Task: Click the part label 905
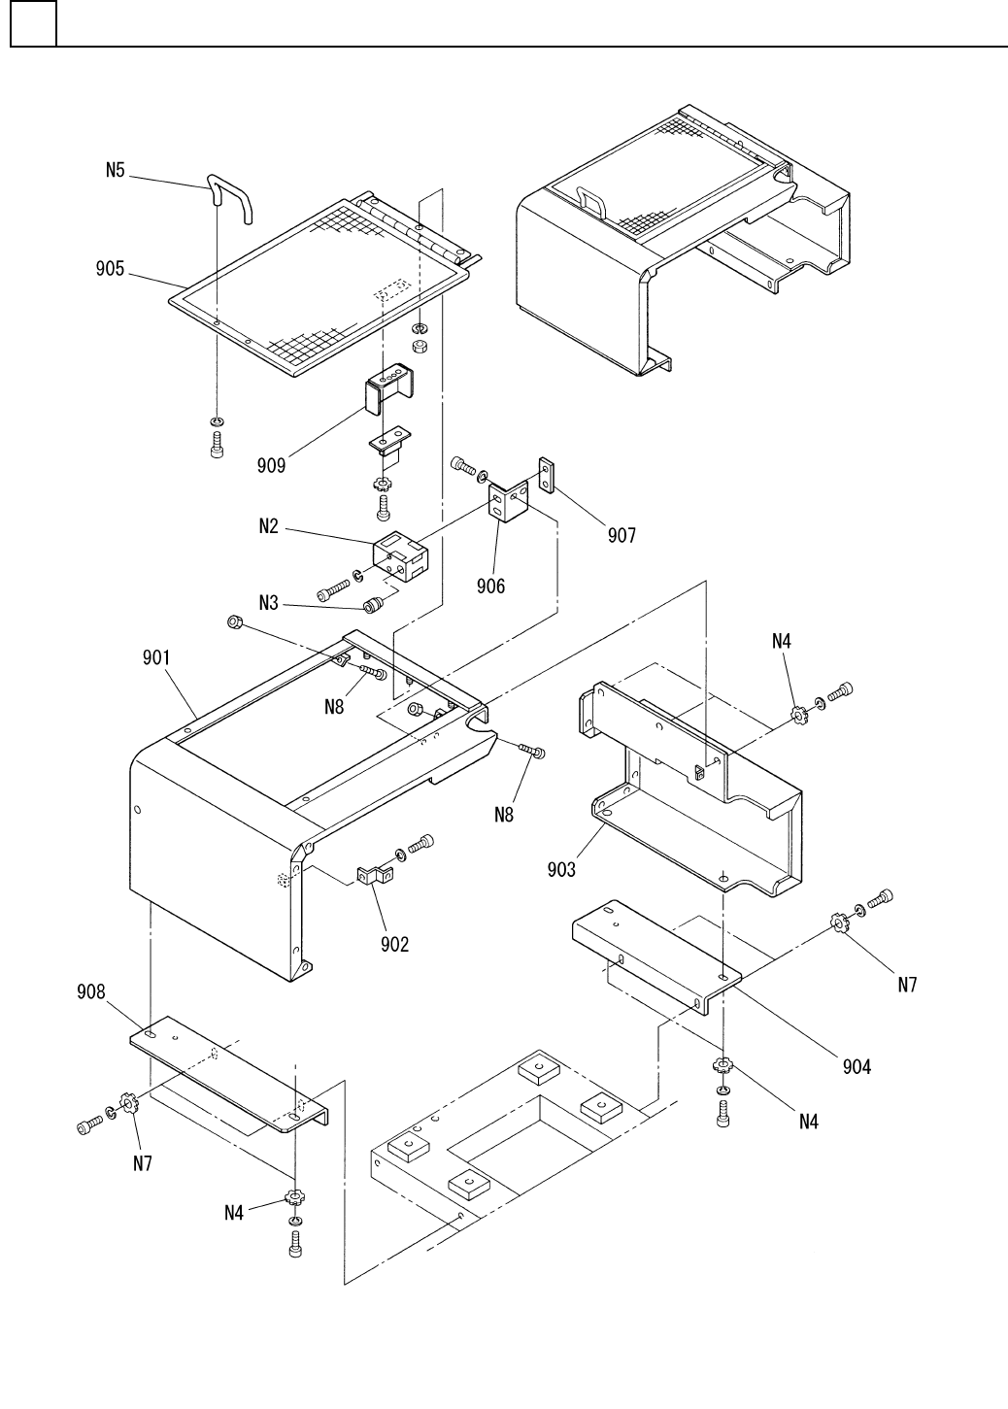[x=110, y=268]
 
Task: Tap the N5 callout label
[x=116, y=171]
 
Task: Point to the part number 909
[x=272, y=465]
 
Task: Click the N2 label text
[x=269, y=526]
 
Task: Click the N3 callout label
[x=269, y=603]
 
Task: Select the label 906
[x=490, y=586]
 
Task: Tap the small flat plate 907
[x=548, y=475]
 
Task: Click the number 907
[x=622, y=534]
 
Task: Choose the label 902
[x=394, y=944]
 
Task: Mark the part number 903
[x=560, y=868]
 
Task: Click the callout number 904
[x=857, y=1066]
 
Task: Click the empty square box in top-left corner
[x=33, y=23]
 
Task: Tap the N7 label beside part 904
[x=906, y=984]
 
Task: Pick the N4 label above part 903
[x=782, y=640]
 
